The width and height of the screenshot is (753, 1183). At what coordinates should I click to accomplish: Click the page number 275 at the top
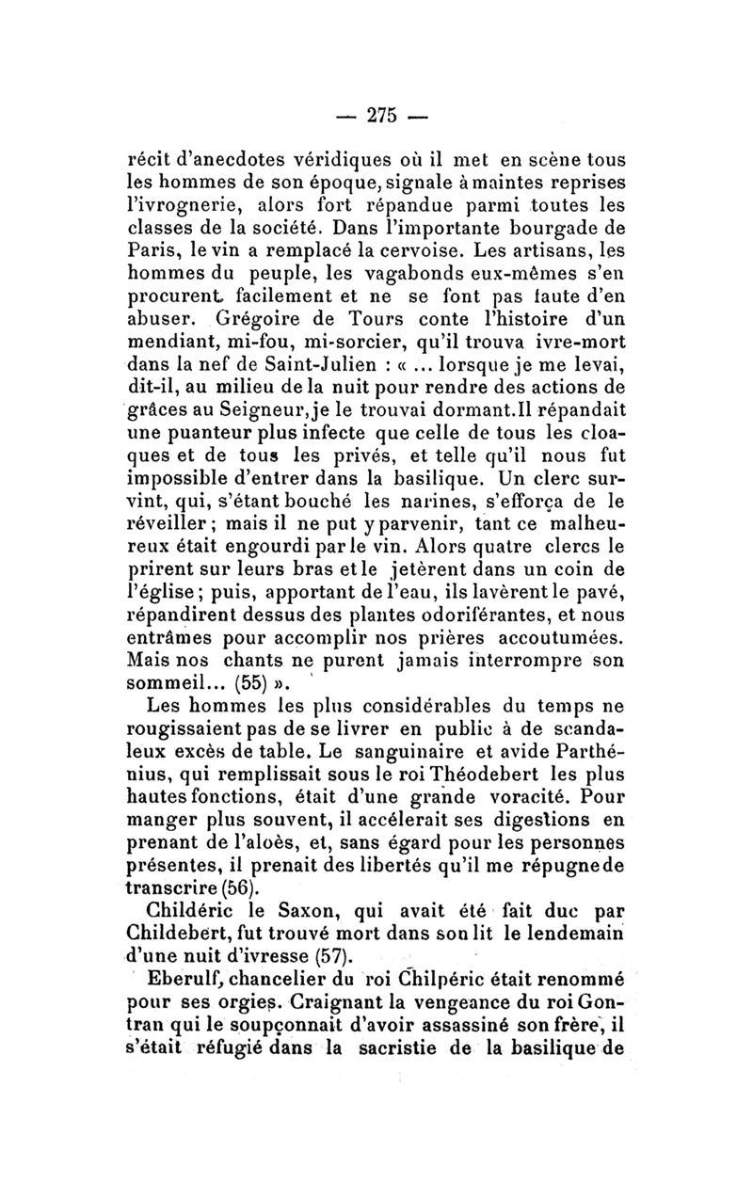click(381, 116)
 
